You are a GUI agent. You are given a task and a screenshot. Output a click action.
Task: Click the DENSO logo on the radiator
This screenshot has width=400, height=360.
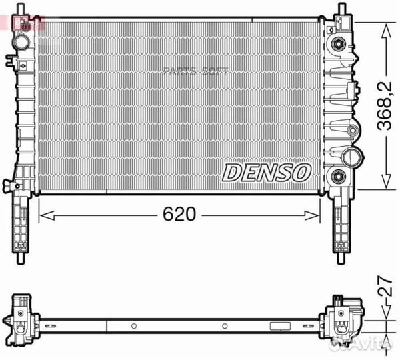pyautogui.click(x=266, y=172)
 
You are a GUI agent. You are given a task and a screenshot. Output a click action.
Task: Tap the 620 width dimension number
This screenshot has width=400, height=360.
pyautogui.click(x=179, y=215)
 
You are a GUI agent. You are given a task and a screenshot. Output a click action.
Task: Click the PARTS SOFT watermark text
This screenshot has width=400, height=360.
pyautogui.click(x=195, y=71)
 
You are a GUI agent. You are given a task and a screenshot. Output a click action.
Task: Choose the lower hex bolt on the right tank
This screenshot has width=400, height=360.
pyautogui.click(x=339, y=177)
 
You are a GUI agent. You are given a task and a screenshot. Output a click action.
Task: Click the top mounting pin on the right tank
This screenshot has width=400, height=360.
pyautogui.click(x=341, y=10)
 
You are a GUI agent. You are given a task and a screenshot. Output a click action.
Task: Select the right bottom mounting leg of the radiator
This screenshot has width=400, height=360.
pyautogui.click(x=341, y=227)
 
